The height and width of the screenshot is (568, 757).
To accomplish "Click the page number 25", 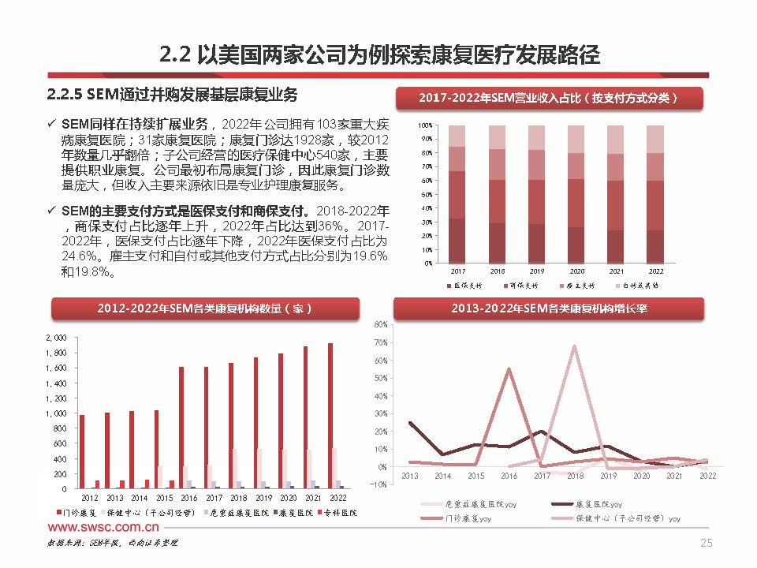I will pyautogui.click(x=707, y=543).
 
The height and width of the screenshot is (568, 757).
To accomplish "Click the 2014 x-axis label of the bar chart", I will pyautogui.click(x=139, y=499).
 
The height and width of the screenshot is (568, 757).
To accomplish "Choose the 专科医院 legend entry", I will pyautogui.click(x=338, y=513).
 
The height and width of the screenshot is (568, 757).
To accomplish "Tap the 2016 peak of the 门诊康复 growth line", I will pyautogui.click(x=509, y=368).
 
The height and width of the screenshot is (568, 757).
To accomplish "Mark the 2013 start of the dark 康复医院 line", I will pyautogui.click(x=410, y=423).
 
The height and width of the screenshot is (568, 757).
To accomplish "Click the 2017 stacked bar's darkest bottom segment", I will pyautogui.click(x=457, y=241).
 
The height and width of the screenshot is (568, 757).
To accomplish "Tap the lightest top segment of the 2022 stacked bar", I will pyautogui.click(x=655, y=139).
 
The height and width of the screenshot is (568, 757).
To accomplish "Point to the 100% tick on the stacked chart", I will pyautogui.click(x=423, y=125).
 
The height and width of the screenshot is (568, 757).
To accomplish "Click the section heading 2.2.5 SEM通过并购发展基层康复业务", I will pyautogui.click(x=173, y=95).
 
